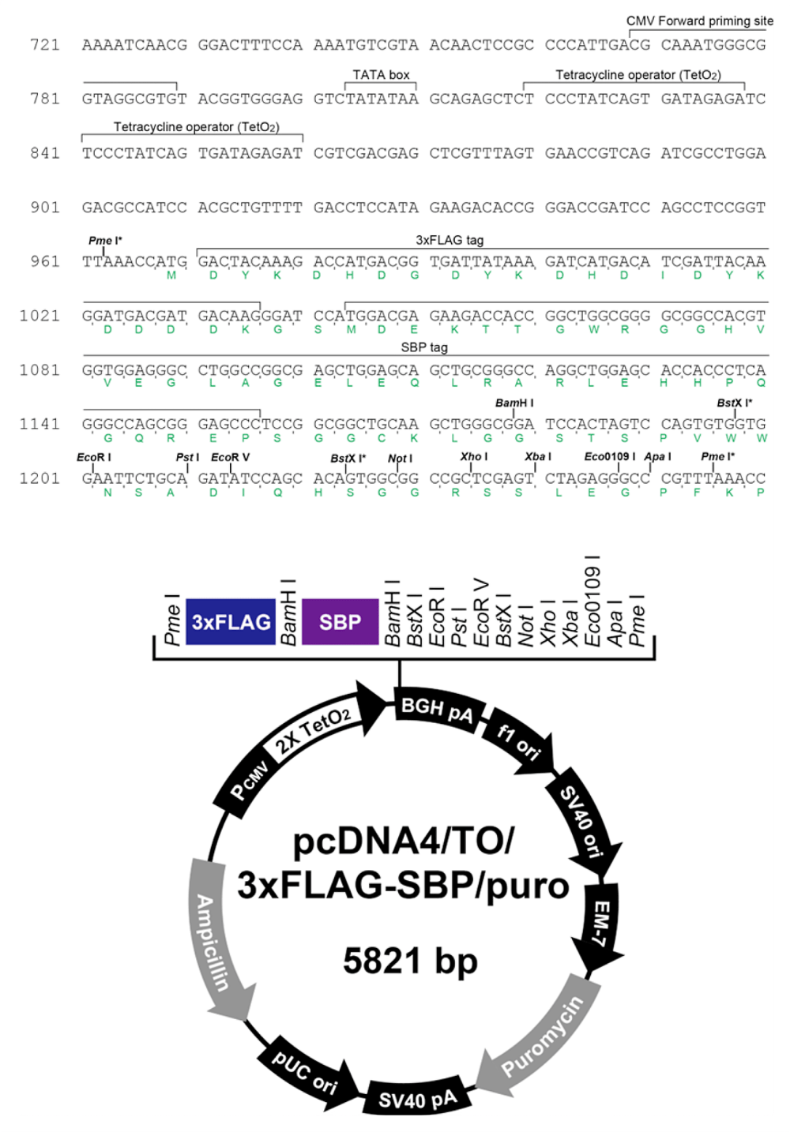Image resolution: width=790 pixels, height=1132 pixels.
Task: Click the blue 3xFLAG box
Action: pos(231,621)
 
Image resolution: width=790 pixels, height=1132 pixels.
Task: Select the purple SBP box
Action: pos(340,621)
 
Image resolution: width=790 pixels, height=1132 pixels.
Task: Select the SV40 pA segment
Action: pos(418,1098)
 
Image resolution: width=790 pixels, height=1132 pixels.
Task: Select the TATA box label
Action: pos(381,75)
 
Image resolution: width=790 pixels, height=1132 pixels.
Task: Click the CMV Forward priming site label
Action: pos(699,21)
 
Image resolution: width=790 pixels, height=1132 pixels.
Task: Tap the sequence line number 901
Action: pos(45,207)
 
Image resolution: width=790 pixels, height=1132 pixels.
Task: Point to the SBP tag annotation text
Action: pos(423,347)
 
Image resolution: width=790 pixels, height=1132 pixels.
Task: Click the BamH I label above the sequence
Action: pos(513,403)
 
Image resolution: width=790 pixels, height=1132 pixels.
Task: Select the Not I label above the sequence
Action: pos(400,459)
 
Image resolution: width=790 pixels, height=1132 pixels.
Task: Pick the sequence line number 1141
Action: pos(39,424)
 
